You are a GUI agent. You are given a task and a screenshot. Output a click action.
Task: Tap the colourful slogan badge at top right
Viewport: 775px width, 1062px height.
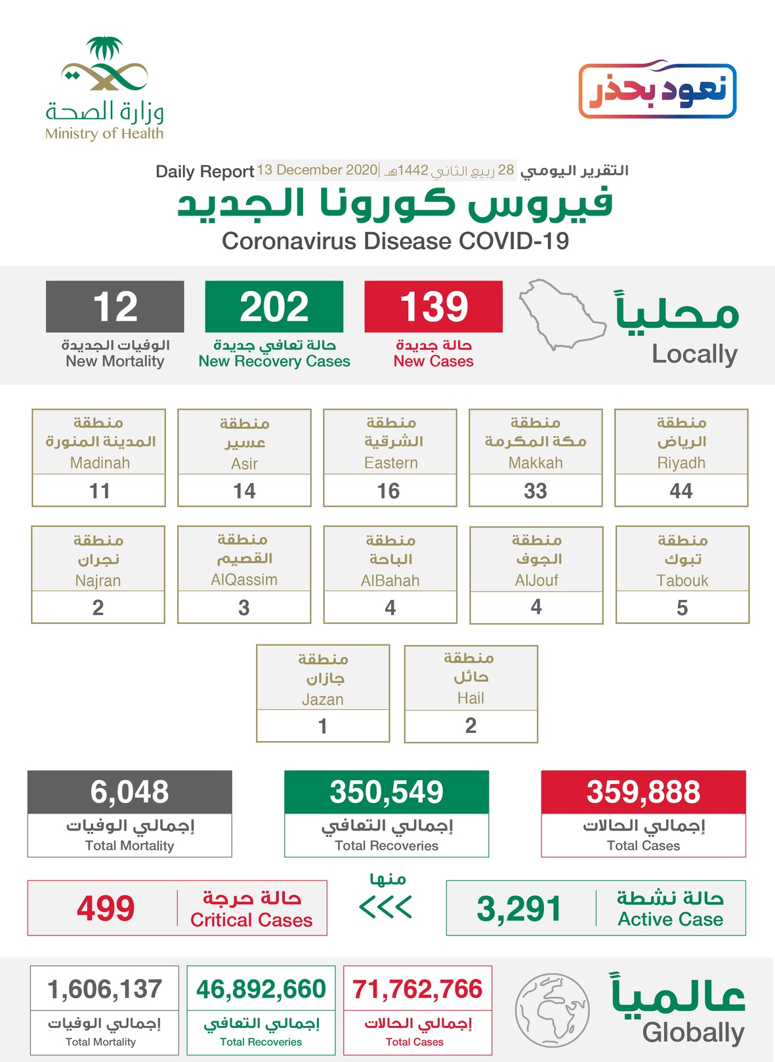(657, 90)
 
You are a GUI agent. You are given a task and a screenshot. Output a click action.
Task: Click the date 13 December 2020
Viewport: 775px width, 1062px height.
(317, 170)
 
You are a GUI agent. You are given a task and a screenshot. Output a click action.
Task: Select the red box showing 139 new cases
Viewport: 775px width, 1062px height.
(433, 307)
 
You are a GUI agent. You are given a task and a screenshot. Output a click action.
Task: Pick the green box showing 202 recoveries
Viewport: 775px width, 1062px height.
(274, 307)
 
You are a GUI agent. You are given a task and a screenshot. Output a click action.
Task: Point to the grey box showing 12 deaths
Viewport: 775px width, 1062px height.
(115, 307)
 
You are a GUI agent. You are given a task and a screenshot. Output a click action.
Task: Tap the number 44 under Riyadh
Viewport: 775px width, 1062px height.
(681, 491)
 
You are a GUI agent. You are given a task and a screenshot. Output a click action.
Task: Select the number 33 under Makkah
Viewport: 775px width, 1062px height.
(535, 491)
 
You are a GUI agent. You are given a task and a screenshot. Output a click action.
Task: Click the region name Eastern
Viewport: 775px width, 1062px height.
(390, 463)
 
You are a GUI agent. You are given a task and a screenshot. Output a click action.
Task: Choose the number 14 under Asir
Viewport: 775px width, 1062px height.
(244, 491)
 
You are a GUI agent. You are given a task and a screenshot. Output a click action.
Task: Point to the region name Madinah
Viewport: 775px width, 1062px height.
(100, 463)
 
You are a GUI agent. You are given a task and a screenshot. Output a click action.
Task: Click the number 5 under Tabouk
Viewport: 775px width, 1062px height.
(682, 608)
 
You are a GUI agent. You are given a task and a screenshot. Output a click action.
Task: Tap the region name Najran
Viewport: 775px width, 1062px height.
(98, 580)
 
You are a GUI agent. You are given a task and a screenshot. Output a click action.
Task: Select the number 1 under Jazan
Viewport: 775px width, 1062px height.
(323, 726)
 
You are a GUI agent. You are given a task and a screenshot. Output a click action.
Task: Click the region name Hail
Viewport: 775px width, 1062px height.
(471, 698)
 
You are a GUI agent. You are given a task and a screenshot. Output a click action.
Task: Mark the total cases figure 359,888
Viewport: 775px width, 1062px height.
(643, 792)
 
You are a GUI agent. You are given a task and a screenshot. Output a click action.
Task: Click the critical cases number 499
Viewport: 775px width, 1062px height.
(106, 909)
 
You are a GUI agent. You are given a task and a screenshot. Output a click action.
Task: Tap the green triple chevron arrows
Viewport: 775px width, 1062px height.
(386, 907)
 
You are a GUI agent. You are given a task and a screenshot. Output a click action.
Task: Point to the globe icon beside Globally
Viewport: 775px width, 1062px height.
(552, 1010)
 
